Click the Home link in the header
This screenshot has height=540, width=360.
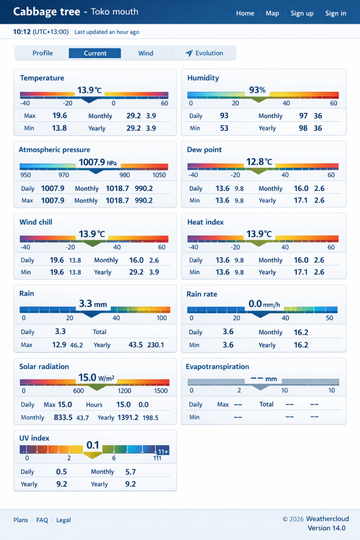click(x=245, y=13)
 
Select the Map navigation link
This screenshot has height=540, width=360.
click(x=273, y=13)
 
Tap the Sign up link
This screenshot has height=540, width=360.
click(x=302, y=13)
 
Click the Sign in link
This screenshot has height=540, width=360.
click(x=336, y=13)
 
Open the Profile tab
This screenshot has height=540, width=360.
click(x=43, y=53)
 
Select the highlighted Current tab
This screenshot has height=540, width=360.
click(x=95, y=53)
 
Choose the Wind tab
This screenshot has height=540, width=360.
click(x=146, y=53)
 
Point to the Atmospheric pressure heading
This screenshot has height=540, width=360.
click(x=54, y=150)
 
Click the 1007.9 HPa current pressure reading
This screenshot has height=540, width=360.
click(x=97, y=162)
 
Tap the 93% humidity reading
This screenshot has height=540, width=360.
click(x=257, y=90)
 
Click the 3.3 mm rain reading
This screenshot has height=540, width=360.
click(x=93, y=304)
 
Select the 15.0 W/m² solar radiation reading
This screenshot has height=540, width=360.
click(x=96, y=378)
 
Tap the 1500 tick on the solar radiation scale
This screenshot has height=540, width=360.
click(x=161, y=391)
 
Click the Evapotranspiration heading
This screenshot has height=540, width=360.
click(x=218, y=367)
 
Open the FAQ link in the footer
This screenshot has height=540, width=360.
click(x=42, y=520)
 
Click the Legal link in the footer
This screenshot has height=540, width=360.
click(x=63, y=520)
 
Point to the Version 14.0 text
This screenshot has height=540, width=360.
click(x=326, y=528)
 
